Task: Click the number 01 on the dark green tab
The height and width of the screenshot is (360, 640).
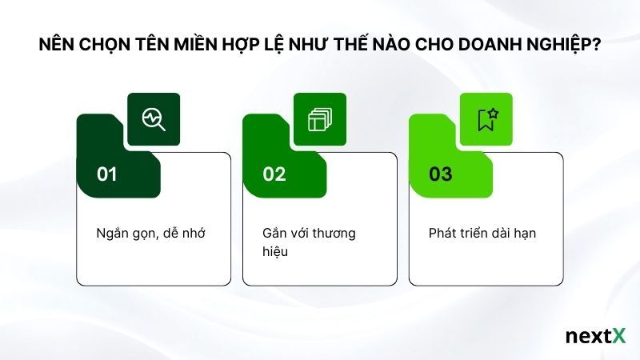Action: (107, 174)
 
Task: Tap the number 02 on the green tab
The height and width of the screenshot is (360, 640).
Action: (274, 174)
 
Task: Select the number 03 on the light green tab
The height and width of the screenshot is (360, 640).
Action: (440, 174)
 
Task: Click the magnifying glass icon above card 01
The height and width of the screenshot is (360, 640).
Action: (154, 119)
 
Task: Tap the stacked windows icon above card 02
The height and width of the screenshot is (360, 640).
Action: (320, 119)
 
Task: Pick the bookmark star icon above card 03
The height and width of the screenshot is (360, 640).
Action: (486, 119)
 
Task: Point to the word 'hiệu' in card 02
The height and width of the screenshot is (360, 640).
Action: (275, 251)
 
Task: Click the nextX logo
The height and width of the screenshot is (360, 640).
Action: (595, 336)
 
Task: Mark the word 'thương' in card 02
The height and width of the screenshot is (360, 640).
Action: (334, 233)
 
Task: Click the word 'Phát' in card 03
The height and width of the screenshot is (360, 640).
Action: (442, 233)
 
